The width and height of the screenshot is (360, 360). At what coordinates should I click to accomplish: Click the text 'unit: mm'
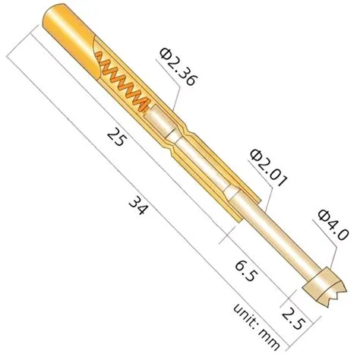tap(251, 325)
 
